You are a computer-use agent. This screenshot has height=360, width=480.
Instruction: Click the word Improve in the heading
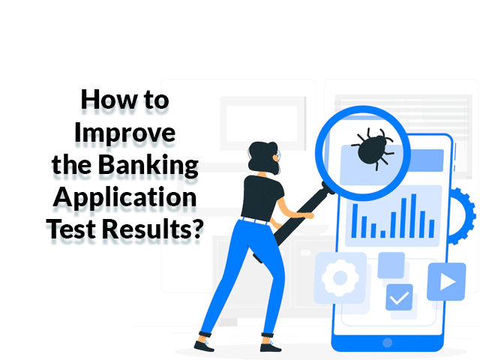pos(125,133)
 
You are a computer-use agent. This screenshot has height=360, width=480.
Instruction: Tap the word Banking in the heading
pos(148,165)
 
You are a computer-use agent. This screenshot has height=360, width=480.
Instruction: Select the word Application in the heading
pos(125,198)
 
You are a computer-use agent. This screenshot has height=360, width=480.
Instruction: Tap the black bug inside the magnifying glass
pos(373,148)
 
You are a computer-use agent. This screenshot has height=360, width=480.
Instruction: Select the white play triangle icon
pos(448,282)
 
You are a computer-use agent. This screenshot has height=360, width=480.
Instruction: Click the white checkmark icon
pos(400,298)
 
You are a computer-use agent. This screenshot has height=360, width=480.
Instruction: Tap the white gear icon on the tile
pos(340,278)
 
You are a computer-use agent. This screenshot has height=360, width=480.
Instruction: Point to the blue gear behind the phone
pos(462,216)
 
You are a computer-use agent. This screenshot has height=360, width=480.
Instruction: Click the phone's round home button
pos(387,343)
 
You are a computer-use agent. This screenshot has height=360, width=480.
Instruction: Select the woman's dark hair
pos(262,157)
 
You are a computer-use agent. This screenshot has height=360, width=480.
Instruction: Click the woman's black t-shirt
pos(262,197)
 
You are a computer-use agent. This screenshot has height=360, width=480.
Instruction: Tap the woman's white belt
pos(255,220)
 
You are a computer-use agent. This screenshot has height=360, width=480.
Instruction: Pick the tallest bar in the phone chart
pos(413,215)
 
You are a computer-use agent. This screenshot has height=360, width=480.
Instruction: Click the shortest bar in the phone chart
pos(382,234)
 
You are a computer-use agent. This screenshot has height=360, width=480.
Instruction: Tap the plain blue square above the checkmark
pos(391,265)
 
